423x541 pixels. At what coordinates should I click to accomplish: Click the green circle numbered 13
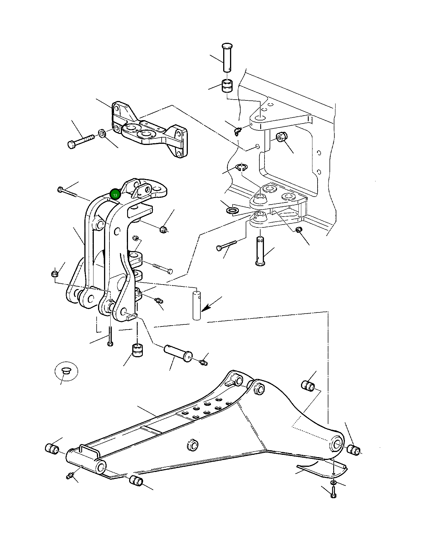click(115, 195)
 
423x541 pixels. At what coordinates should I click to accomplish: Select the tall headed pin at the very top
click(227, 57)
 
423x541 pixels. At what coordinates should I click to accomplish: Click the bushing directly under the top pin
click(227, 86)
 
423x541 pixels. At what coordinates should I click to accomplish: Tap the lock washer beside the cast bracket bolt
click(102, 133)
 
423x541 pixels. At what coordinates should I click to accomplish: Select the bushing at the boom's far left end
click(52, 448)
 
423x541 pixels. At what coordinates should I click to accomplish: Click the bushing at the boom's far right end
click(354, 450)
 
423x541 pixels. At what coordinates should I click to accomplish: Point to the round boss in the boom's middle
click(192, 445)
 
